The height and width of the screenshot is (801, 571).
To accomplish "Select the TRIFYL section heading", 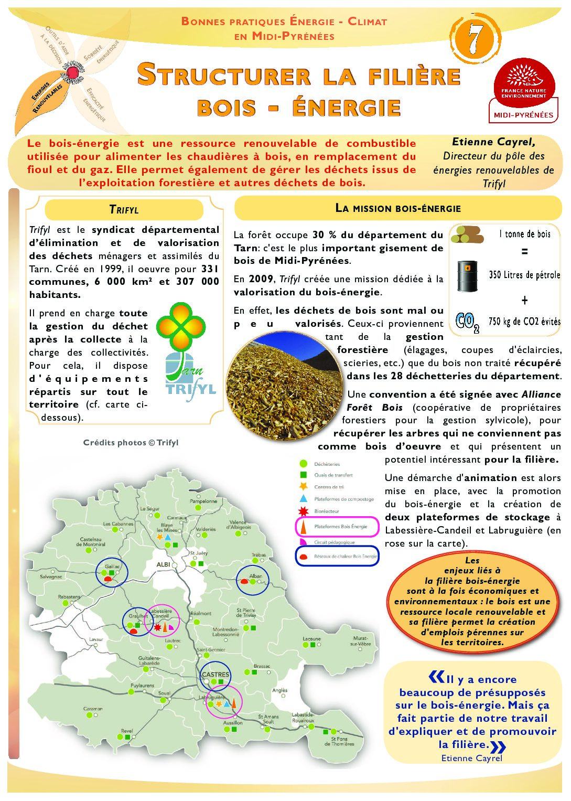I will (124, 210).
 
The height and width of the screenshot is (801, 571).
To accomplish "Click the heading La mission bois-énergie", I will (397, 208).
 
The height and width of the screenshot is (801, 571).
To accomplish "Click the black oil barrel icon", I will (468, 276).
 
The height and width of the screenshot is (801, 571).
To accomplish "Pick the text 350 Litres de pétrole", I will (524, 275).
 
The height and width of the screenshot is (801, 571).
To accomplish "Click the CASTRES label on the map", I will (216, 675).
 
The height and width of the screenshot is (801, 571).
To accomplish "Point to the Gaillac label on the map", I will (112, 567).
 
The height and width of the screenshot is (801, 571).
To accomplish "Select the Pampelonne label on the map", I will (203, 501).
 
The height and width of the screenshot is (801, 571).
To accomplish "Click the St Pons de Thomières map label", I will (339, 741).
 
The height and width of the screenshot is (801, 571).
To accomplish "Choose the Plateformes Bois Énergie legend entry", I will (340, 527).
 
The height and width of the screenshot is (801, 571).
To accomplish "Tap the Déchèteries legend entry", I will (327, 464).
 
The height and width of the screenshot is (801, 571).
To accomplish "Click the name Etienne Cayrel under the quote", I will (471, 758).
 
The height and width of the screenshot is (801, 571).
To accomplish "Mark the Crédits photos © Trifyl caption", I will (131, 443).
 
